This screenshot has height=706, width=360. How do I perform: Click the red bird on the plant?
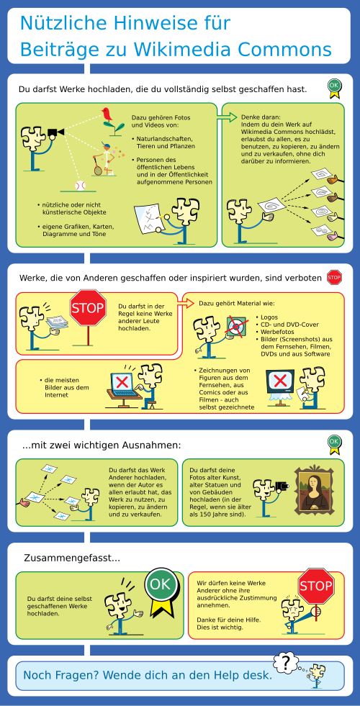107,114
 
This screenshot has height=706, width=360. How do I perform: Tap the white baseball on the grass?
80,186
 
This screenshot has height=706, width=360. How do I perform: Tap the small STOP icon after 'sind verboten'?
334,277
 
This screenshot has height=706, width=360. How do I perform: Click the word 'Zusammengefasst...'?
71,558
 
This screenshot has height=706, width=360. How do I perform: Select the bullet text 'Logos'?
269,317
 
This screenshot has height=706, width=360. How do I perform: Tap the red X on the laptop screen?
122,382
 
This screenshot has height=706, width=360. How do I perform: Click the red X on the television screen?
280,381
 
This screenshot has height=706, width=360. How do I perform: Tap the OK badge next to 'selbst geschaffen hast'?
334,89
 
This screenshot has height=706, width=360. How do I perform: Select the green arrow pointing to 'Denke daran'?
227,117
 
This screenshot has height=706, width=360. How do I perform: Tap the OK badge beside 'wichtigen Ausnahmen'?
334,443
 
